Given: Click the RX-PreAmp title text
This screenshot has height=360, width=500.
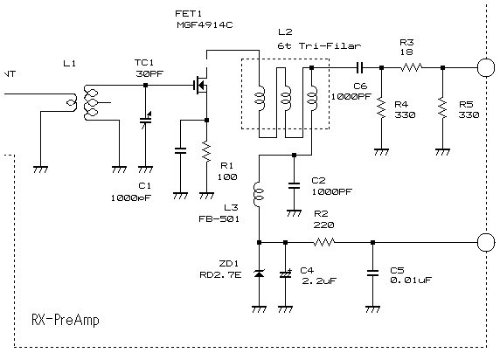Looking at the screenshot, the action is pyautogui.click(x=66, y=320).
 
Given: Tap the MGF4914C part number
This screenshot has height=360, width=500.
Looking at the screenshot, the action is pyautogui.click(x=205, y=24).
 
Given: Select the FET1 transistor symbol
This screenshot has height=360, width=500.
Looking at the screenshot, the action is pyautogui.click(x=201, y=85).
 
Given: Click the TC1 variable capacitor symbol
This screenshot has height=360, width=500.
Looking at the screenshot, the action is pyautogui.click(x=146, y=119).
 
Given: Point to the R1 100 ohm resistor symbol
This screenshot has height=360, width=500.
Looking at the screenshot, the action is pyautogui.click(x=206, y=152).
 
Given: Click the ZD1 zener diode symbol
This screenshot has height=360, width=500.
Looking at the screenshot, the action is pyautogui.click(x=259, y=273).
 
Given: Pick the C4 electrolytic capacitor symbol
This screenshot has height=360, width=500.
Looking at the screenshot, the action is pyautogui.click(x=286, y=274).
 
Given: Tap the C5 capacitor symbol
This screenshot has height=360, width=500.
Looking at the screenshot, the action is pyautogui.click(x=372, y=273).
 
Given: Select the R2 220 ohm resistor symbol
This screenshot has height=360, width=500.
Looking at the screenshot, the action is pyautogui.click(x=324, y=242).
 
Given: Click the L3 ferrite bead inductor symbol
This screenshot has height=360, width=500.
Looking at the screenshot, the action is pyautogui.click(x=259, y=194).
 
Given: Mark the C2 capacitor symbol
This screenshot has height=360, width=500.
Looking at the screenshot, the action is pyautogui.click(x=294, y=185).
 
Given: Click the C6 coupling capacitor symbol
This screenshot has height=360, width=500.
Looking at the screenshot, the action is pyautogui.click(x=359, y=67).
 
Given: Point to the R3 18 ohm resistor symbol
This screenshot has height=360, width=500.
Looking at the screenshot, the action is pyautogui.click(x=412, y=67).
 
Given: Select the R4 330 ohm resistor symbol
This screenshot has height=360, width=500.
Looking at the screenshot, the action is pyautogui.click(x=381, y=108).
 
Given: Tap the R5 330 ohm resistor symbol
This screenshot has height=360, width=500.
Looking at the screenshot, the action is pyautogui.click(x=442, y=108).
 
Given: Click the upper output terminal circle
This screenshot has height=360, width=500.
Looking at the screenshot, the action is pyautogui.click(x=486, y=67).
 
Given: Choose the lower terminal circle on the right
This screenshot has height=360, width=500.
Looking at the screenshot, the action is pyautogui.click(x=486, y=242).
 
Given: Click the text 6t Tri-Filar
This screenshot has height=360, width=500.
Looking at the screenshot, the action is pyautogui.click(x=319, y=46).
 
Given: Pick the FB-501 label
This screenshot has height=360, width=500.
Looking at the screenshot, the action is pyautogui.click(x=219, y=219).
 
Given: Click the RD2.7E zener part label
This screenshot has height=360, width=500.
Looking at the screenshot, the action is pyautogui.click(x=220, y=275).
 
